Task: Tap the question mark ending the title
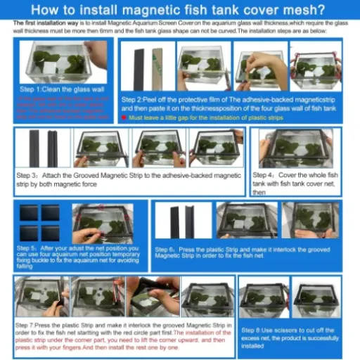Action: tap(321, 10)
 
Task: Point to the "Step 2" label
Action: tap(136, 100)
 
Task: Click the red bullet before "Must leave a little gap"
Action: tap(124, 117)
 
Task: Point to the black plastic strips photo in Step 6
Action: tap(179, 221)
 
